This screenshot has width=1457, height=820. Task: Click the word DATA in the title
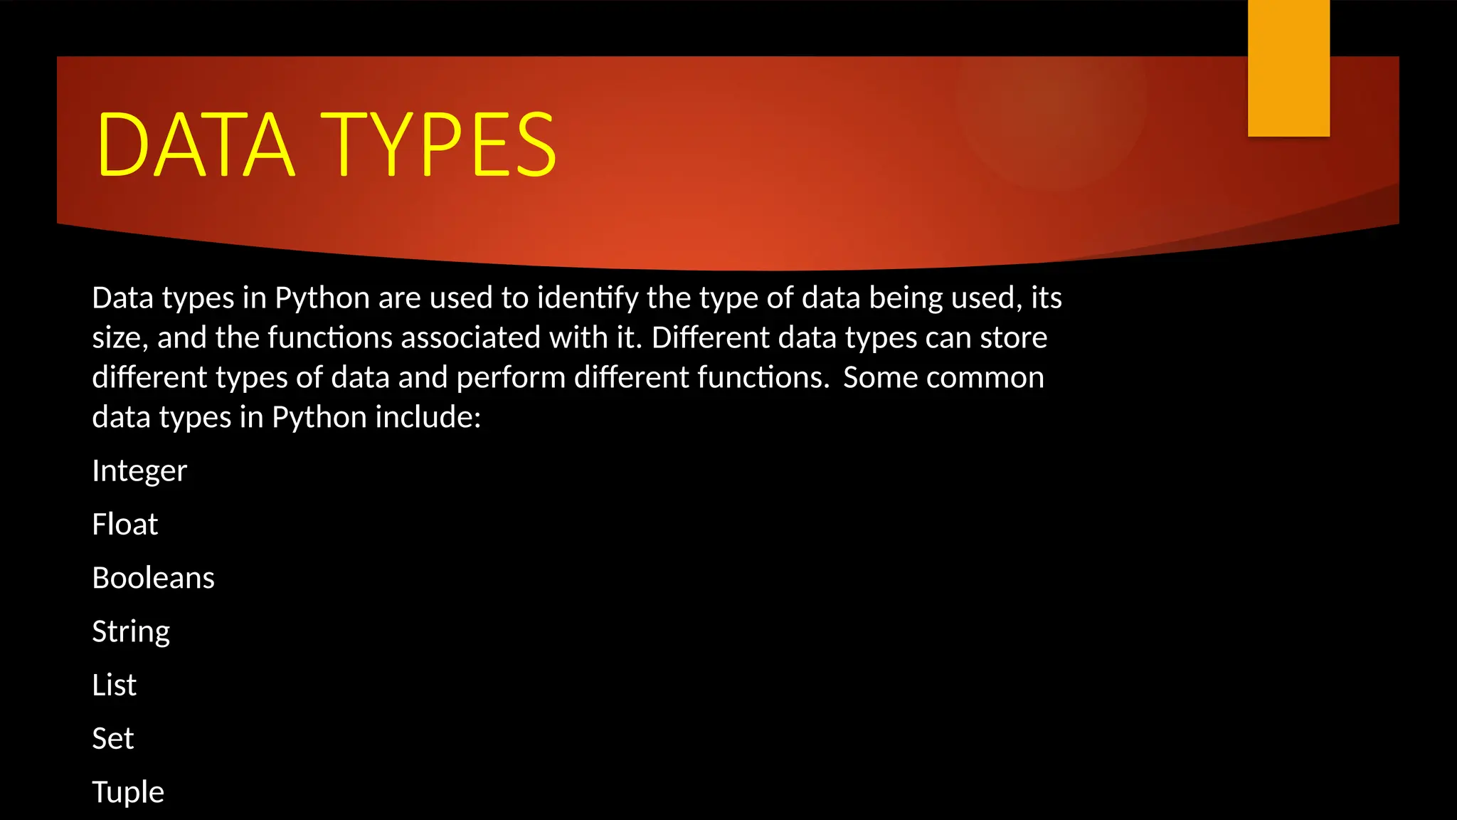(x=195, y=145)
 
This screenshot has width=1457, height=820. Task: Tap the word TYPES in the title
(x=439, y=145)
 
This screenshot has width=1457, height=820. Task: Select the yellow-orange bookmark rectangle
(x=1288, y=68)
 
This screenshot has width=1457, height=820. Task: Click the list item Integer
(x=139, y=471)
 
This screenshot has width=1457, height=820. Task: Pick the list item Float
(x=124, y=525)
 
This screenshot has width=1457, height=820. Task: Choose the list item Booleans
(x=153, y=578)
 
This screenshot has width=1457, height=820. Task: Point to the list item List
(x=114, y=685)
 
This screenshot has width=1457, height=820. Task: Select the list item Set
(x=112, y=738)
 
